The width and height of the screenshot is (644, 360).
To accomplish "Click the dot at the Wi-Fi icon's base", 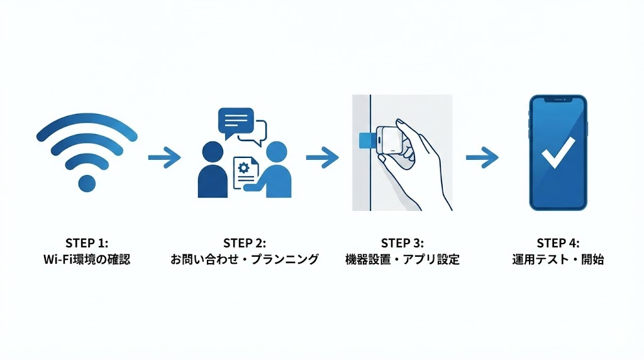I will coord(87,183).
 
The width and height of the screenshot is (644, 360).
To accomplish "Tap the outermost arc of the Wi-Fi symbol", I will coord(87,120).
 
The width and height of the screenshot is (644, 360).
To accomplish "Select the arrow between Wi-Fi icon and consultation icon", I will coord(164,157).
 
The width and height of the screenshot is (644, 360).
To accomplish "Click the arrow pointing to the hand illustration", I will coord(322,157).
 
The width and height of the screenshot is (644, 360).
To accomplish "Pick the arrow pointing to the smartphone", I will coord(482,157).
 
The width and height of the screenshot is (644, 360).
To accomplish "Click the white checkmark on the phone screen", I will coord(557,151).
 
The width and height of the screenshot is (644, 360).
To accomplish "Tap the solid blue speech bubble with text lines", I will coord(235,121).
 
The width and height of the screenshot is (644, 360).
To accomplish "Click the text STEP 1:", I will coord(87,243).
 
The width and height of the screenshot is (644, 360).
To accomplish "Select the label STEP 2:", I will coord(245,243).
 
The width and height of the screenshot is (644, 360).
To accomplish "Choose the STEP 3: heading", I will coord(402,243).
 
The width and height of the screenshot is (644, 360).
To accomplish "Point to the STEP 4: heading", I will coord(558,243).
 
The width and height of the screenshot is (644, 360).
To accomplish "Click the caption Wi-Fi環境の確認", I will coord(87,259).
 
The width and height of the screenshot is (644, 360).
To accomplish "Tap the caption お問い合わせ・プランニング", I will coord(245,259).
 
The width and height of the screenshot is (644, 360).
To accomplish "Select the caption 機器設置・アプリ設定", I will coord(402,259).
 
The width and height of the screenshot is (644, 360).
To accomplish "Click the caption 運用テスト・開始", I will coord(558,259).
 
